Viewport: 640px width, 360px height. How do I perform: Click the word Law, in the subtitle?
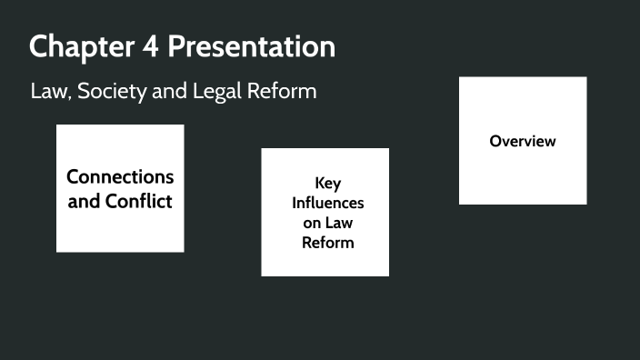click(50, 92)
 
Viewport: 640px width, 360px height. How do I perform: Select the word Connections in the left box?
click(120, 176)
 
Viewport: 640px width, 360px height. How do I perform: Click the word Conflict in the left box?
click(138, 201)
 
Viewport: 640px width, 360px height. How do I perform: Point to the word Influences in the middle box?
click(327, 203)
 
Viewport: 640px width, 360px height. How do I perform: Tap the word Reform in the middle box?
click(327, 243)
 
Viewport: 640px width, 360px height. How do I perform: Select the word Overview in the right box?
click(523, 141)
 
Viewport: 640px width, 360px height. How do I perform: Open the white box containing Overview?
click(523, 177)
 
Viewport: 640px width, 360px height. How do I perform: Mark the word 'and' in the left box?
click(85, 201)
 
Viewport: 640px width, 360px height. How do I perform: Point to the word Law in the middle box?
click(338, 223)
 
